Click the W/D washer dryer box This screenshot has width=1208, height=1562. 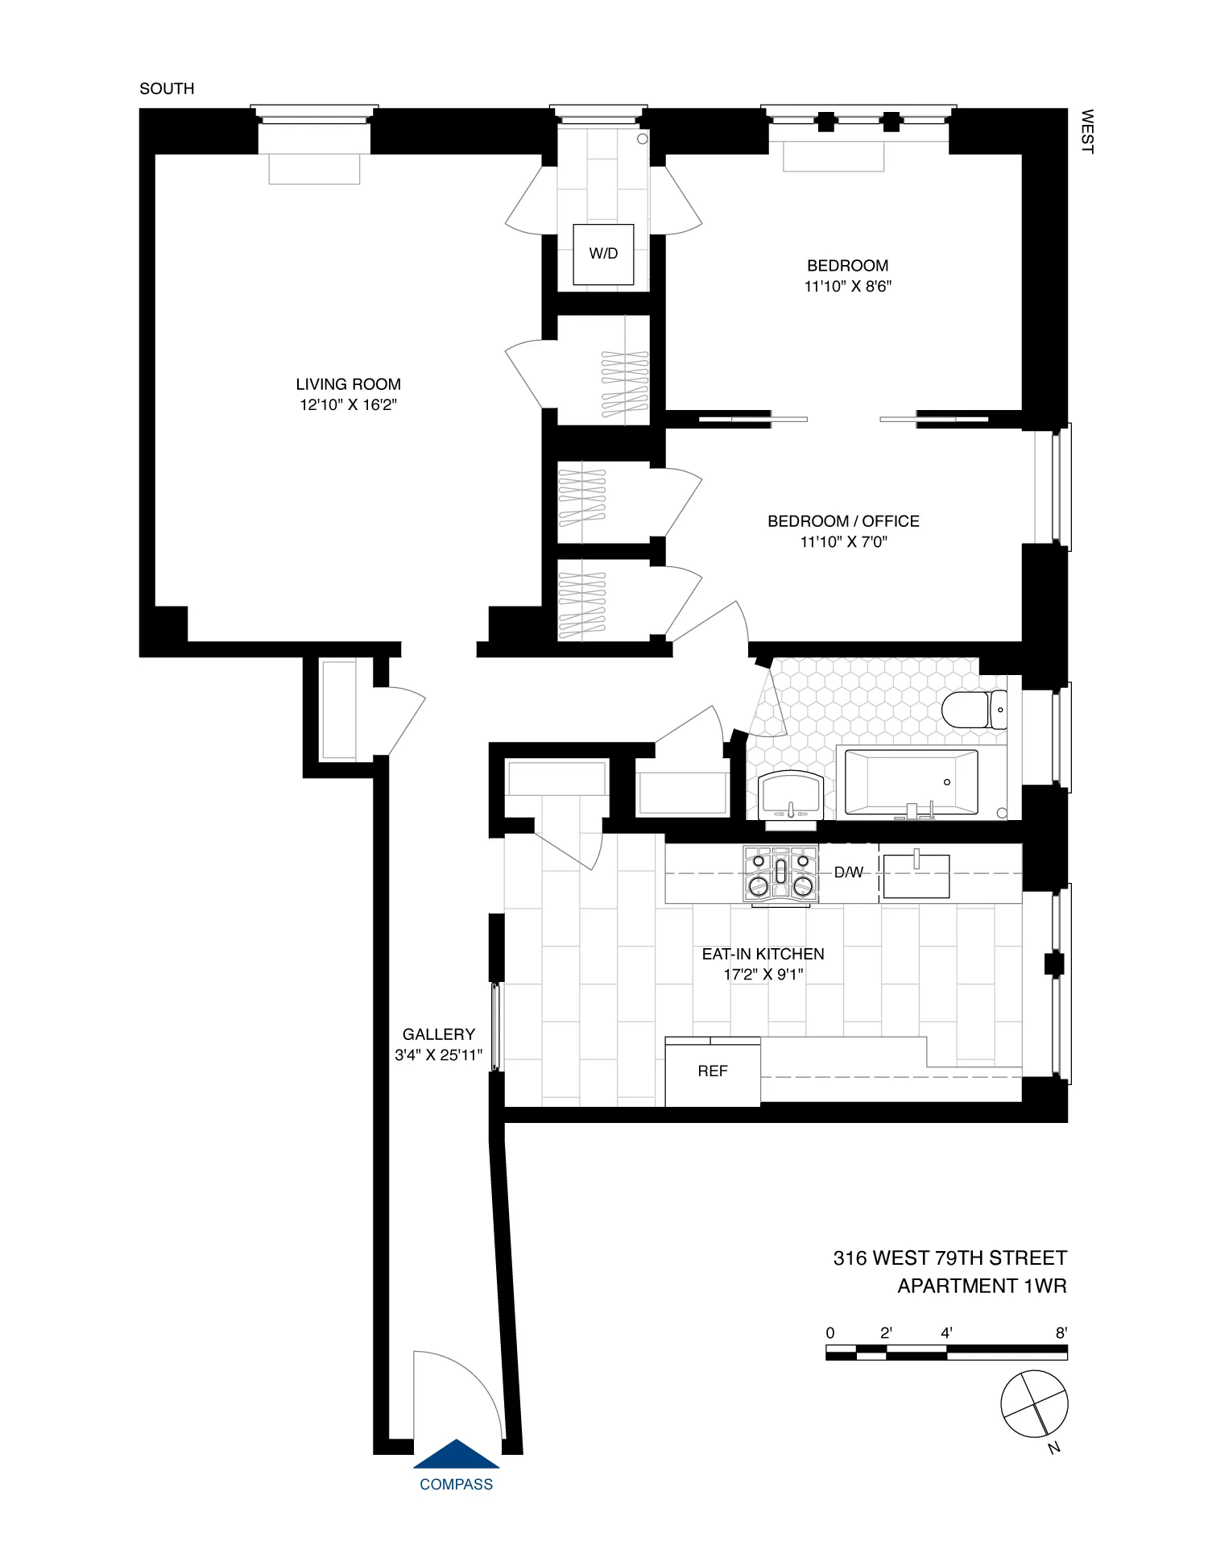tap(603, 254)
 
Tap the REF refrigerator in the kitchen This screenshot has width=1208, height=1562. tap(713, 1071)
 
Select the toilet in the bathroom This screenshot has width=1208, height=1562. tap(973, 710)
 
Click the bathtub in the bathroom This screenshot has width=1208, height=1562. tap(911, 782)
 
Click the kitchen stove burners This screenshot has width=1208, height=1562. tap(780, 873)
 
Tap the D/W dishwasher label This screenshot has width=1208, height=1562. tap(848, 872)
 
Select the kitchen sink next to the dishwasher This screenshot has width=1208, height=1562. tap(916, 876)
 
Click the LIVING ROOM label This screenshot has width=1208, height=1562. tap(348, 385)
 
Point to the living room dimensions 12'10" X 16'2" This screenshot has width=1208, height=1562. tap(348, 405)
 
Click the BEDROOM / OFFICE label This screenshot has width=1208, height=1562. tap(843, 521)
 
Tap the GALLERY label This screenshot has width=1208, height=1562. tap(439, 1034)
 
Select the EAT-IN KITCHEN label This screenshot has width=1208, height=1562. tap(763, 954)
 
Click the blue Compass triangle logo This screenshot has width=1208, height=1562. tap(457, 1454)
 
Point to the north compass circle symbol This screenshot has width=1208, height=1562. tap(1034, 1404)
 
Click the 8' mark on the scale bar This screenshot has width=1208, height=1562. tap(1061, 1333)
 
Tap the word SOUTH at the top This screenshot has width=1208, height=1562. tap(167, 89)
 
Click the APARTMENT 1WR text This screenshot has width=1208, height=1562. tap(982, 1286)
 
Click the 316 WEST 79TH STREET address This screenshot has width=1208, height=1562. tap(949, 1258)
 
